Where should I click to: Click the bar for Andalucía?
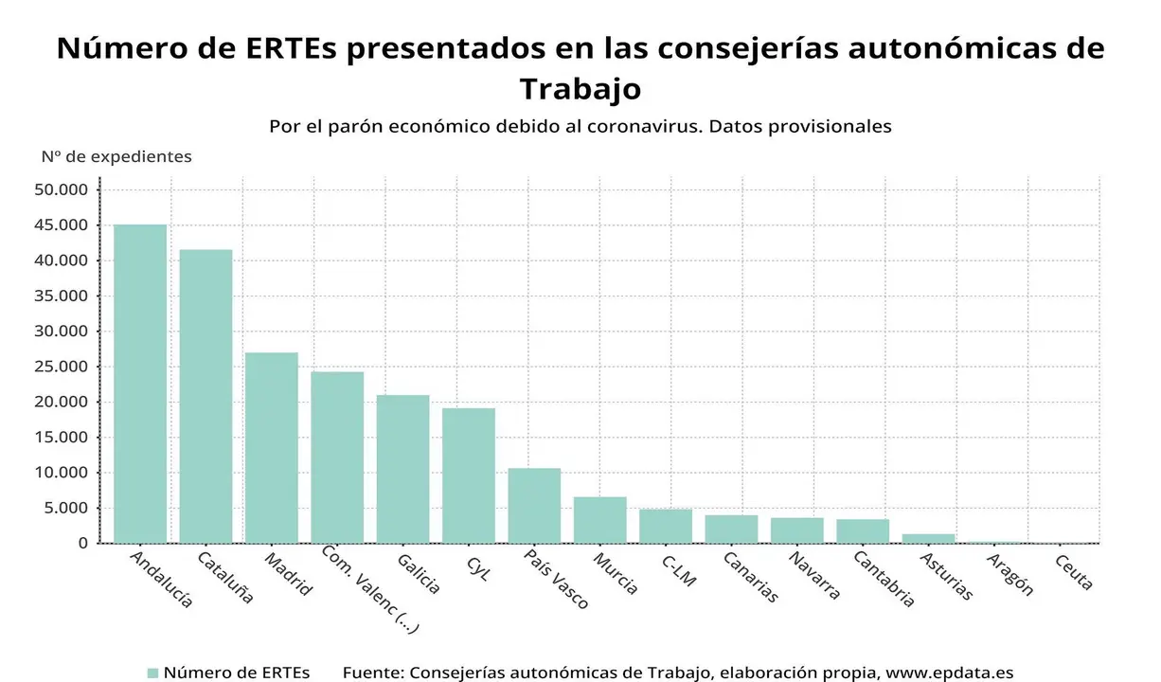tap(140, 384)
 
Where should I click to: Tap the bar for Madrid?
tap(272, 447)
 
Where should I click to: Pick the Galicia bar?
tap(402, 469)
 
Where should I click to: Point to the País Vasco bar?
tap(534, 506)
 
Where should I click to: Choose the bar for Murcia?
tap(600, 520)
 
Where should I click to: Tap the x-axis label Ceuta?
tap(1074, 572)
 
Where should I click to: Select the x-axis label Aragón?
tap(1009, 575)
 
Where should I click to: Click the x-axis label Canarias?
tap(750, 578)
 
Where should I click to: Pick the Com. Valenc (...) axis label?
tap(369, 588)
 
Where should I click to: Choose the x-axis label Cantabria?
tap(884, 579)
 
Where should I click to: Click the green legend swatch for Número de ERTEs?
tap(152, 673)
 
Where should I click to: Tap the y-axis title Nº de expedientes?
tap(116, 156)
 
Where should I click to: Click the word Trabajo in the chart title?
tap(580, 89)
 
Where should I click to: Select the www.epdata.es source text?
tap(950, 673)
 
